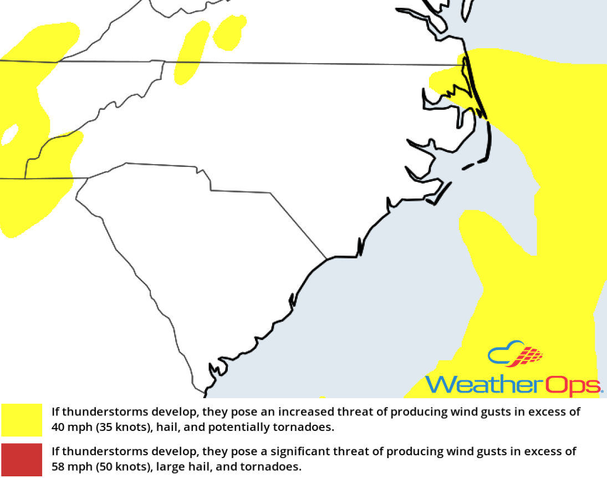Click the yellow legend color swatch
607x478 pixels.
(22, 420)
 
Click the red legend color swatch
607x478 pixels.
(22, 459)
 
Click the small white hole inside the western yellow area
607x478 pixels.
(9, 135)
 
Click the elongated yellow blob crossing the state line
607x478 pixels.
(188, 55)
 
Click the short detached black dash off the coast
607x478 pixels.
(468, 165)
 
